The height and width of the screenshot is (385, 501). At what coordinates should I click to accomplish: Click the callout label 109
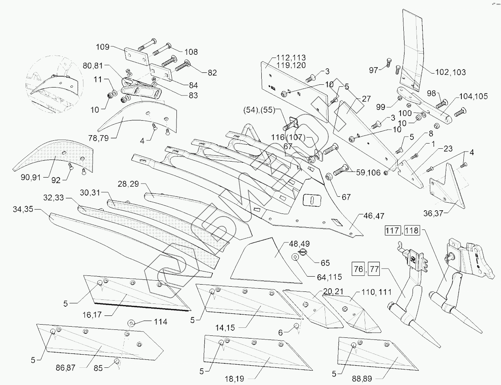point(102,46)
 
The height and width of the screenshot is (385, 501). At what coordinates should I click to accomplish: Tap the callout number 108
point(190,52)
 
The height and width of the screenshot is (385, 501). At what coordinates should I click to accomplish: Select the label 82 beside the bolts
point(212,73)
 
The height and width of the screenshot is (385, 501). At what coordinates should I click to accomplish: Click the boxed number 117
point(391,231)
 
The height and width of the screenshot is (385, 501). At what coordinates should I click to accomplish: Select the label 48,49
point(296,243)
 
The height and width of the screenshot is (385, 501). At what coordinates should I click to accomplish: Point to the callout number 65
point(325,263)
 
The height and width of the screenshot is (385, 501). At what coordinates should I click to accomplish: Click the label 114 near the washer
point(160,322)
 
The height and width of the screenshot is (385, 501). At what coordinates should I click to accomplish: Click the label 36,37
point(433,213)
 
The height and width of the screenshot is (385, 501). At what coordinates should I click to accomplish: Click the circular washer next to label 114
point(130,322)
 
